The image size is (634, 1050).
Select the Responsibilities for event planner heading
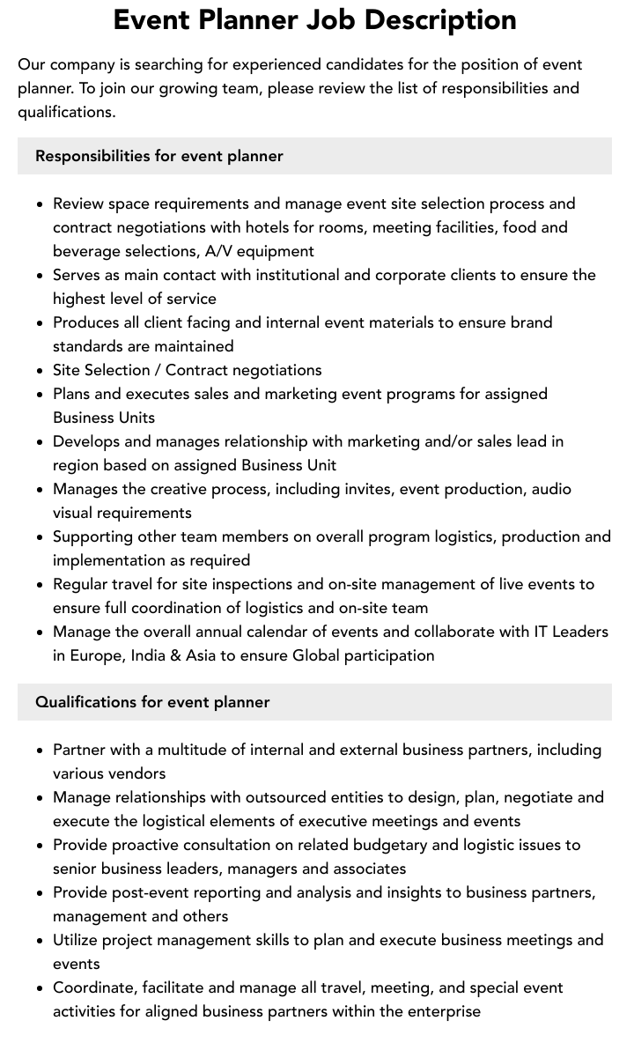[159, 156]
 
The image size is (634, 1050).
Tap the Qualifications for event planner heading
[152, 702]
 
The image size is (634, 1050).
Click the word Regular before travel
[80, 584]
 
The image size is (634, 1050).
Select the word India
[153, 655]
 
